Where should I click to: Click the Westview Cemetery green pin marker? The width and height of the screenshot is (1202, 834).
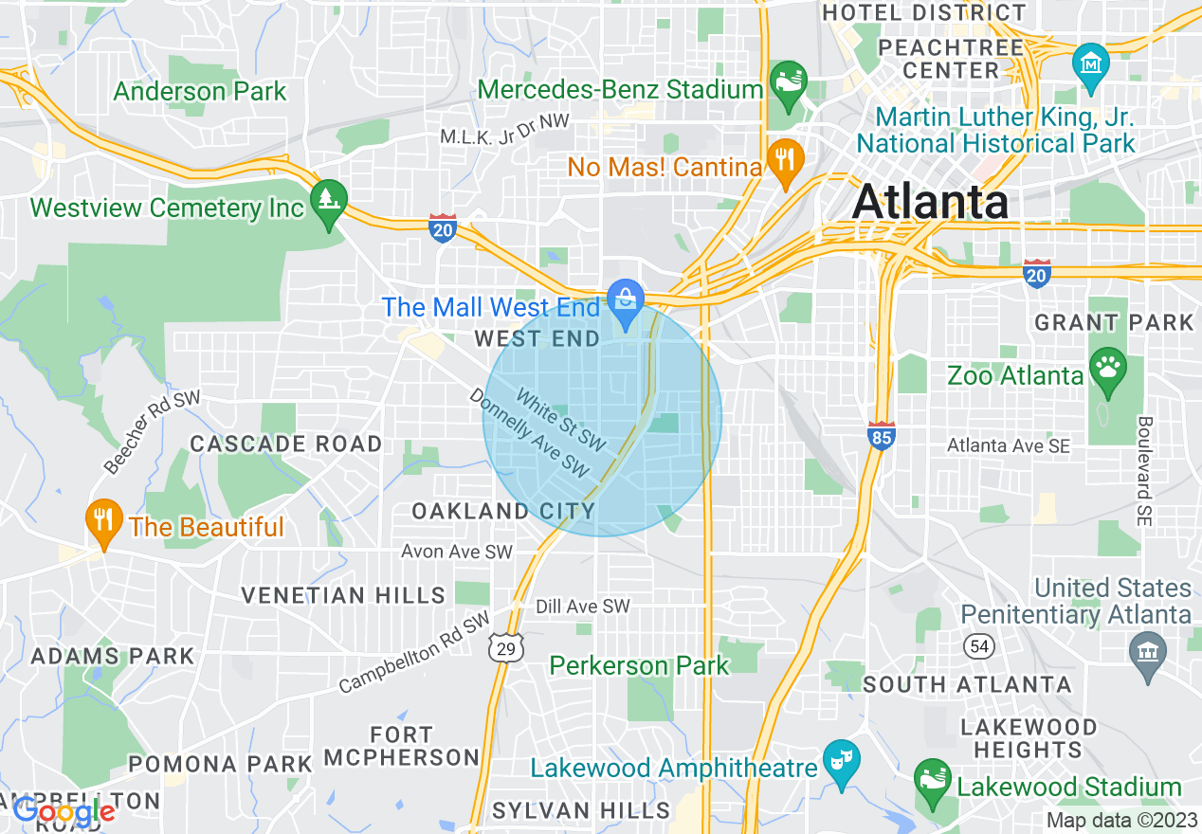(328, 202)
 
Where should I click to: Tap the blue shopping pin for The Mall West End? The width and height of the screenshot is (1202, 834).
(626, 302)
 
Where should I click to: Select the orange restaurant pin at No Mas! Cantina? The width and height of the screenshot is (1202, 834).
(784, 160)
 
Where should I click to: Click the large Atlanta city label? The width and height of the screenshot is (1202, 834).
(930, 202)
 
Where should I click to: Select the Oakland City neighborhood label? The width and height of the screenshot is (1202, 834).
(503, 512)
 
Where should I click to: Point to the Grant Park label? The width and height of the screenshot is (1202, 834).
(1114, 322)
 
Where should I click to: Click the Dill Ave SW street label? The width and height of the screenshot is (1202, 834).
(582, 606)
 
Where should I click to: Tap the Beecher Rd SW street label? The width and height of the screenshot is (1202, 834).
(152, 432)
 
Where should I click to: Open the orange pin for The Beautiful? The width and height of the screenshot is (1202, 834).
(103, 521)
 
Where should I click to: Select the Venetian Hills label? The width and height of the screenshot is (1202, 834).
(342, 595)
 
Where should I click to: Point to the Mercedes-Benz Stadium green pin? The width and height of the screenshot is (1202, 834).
(788, 82)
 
